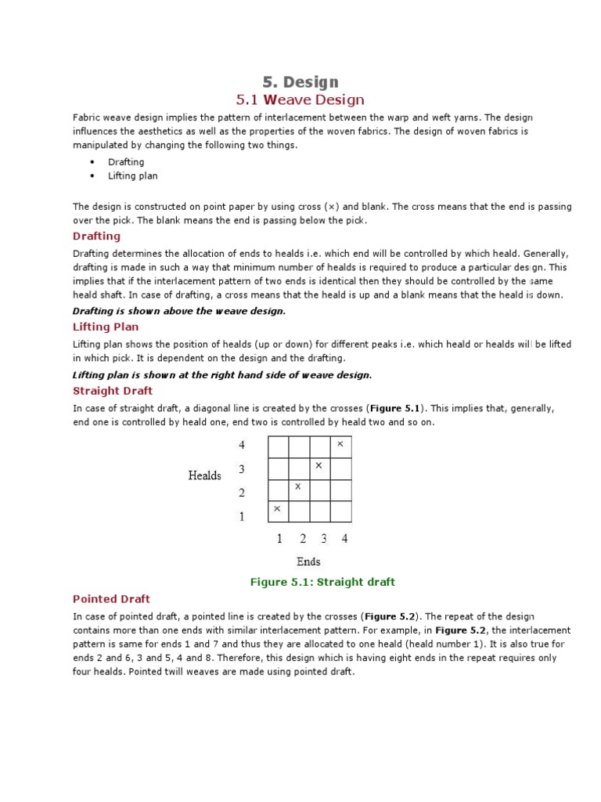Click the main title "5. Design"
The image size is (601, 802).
click(x=300, y=82)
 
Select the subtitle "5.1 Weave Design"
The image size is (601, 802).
click(x=300, y=100)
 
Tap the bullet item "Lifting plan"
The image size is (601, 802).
click(x=132, y=176)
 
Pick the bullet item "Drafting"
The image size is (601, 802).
click(x=126, y=162)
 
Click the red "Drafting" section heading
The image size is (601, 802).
click(x=96, y=237)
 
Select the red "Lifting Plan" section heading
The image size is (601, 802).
click(x=106, y=327)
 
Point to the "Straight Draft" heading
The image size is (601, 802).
click(x=113, y=391)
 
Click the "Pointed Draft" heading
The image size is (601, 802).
click(x=111, y=599)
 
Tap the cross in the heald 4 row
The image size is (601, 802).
click(x=340, y=444)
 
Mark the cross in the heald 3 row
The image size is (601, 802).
click(x=318, y=465)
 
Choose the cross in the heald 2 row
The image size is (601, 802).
click(x=298, y=487)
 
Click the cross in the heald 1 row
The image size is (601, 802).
click(x=277, y=509)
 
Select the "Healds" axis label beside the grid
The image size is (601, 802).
click(x=204, y=475)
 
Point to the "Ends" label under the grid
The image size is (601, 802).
click(x=308, y=562)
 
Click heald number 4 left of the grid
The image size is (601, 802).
click(x=242, y=445)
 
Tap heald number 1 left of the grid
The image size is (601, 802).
click(x=242, y=516)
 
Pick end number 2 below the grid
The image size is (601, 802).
click(x=302, y=539)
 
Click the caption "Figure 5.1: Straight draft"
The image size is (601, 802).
click(x=322, y=582)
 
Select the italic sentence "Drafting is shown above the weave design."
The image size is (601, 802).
click(x=179, y=311)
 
